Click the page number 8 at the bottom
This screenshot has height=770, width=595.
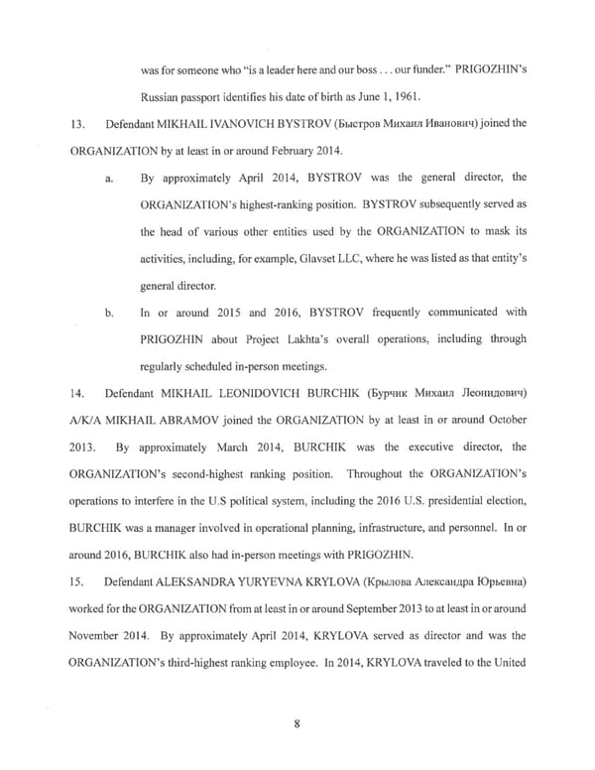point(297,695)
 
